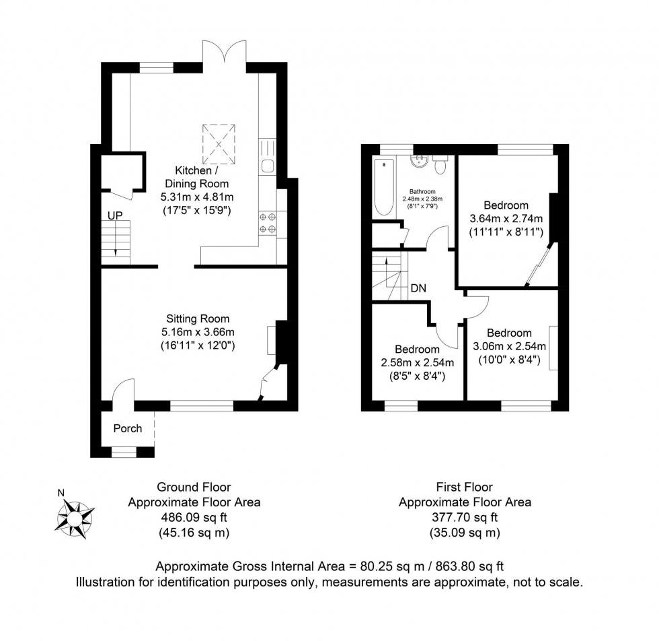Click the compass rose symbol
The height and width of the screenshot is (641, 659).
click(75, 518)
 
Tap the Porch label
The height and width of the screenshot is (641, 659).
click(128, 428)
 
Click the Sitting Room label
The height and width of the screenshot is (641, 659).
click(198, 318)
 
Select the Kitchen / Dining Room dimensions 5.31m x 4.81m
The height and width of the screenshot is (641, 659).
click(196, 197)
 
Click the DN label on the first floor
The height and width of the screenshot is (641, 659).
click(418, 288)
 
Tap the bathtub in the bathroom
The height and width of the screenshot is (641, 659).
click(383, 188)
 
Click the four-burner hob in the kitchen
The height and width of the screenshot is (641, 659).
click(268, 223)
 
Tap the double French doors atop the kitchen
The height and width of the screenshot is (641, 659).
click(225, 55)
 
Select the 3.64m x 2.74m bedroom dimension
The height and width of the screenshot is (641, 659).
click(506, 219)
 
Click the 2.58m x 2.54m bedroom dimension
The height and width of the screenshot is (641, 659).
click(417, 363)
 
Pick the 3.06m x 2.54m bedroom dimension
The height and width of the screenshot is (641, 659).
click(509, 346)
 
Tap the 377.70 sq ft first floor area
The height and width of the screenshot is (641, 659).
click(465, 518)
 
